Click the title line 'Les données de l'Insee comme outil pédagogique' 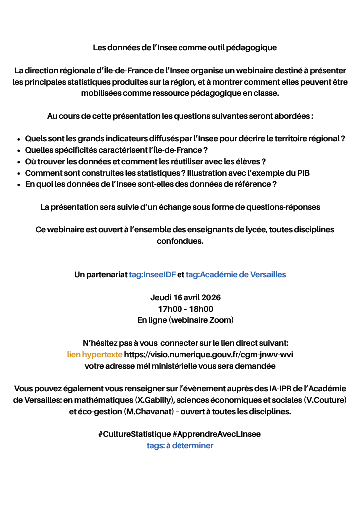tap(184, 48)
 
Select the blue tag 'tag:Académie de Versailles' tap(235, 274)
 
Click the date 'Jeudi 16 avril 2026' tap(185, 297)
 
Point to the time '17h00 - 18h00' tap(185, 309)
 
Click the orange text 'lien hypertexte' tap(94, 355)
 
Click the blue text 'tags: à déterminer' tap(180, 445)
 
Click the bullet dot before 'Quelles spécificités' tap(18, 150)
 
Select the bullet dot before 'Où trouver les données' tap(18, 162)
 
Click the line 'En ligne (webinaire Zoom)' tap(185, 320)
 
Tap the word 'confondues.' tap(180, 241)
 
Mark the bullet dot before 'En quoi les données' tap(18, 185)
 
